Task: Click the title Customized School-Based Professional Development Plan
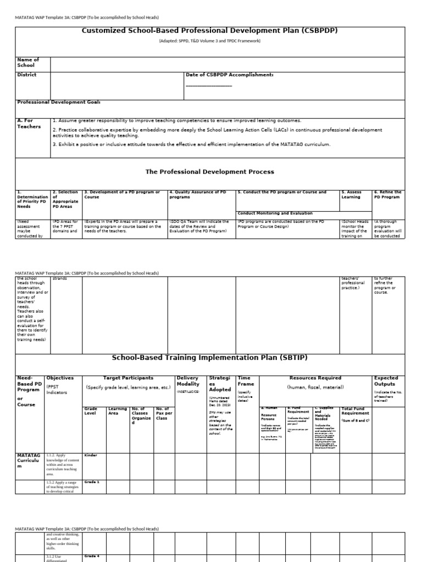(x=209, y=31)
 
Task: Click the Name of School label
(x=28, y=62)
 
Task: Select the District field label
(x=27, y=75)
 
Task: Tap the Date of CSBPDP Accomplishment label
(x=229, y=75)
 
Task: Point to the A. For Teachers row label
(x=29, y=123)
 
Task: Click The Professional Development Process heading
(x=209, y=172)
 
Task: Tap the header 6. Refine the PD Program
(x=387, y=194)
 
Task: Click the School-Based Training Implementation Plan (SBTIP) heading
(x=209, y=357)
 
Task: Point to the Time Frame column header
(x=245, y=381)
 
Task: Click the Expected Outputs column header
(x=387, y=381)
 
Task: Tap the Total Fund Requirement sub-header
(x=355, y=411)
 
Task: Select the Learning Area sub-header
(x=117, y=411)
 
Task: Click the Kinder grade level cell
(x=91, y=455)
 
